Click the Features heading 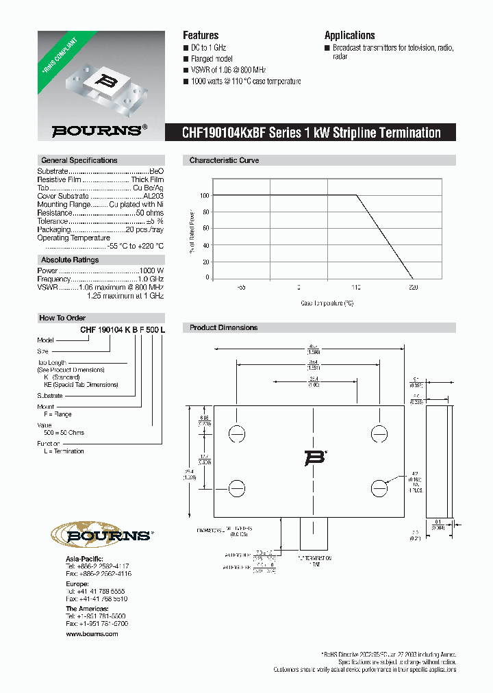click(x=201, y=36)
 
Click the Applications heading click(x=349, y=36)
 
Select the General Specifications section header click(x=79, y=160)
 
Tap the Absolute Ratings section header click(x=69, y=260)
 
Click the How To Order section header click(x=62, y=318)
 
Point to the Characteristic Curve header click(x=223, y=160)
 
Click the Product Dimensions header click(x=223, y=328)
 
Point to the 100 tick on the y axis click(x=204, y=196)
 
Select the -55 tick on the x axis click(x=241, y=288)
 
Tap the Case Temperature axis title click(x=327, y=302)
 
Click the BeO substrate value click(x=156, y=171)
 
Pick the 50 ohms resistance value click(x=148, y=213)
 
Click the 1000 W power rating click(x=152, y=271)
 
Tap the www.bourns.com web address click(x=92, y=634)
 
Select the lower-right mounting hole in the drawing click(x=380, y=487)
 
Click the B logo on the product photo click(x=106, y=79)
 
